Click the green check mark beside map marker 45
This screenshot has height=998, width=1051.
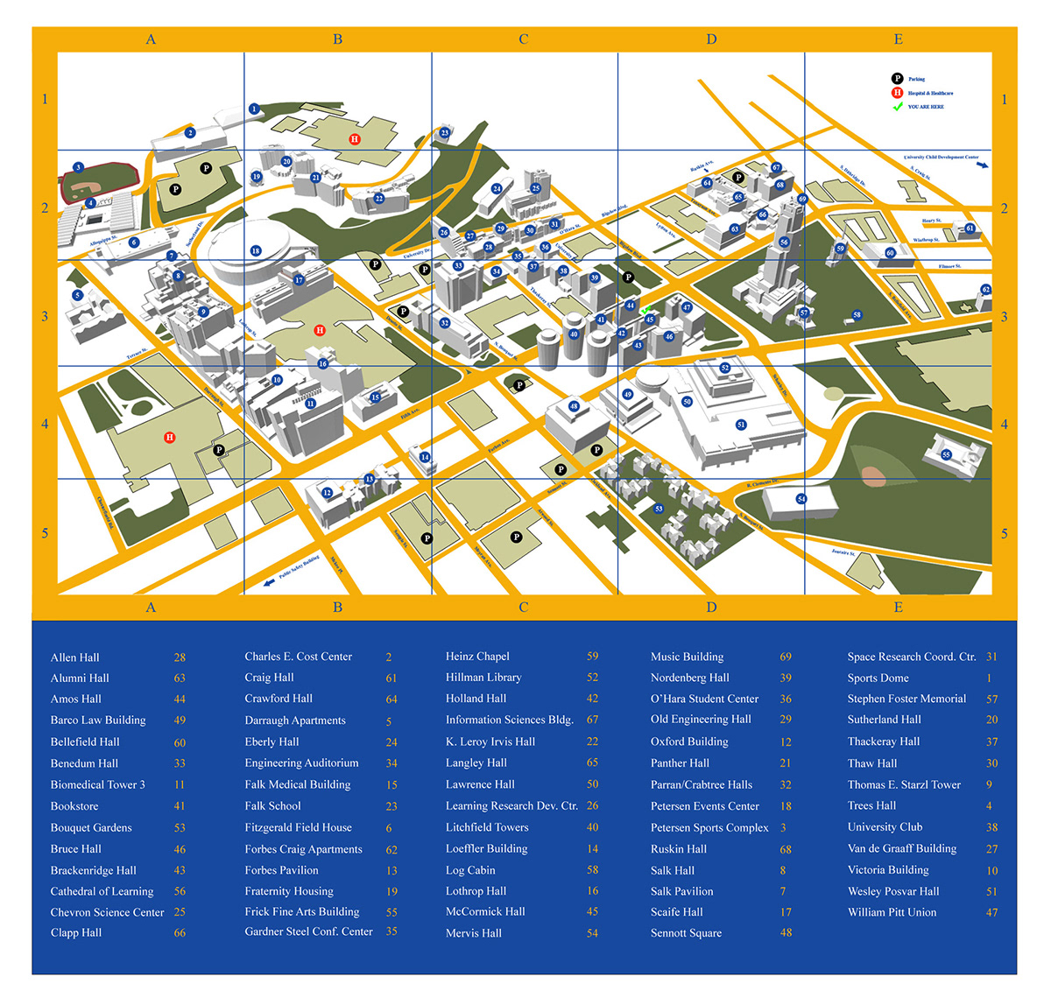pyautogui.click(x=645, y=310)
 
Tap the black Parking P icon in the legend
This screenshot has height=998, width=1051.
pyautogui.click(x=897, y=79)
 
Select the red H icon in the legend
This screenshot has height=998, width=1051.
pyautogui.click(x=897, y=93)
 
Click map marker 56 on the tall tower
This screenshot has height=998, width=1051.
pyautogui.click(x=784, y=242)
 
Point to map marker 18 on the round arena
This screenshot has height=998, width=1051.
pyautogui.click(x=256, y=250)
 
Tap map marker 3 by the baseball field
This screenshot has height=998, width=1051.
pyautogui.click(x=78, y=167)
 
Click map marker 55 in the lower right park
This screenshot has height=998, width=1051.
pyautogui.click(x=946, y=454)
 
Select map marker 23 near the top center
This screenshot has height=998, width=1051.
pyautogui.click(x=445, y=134)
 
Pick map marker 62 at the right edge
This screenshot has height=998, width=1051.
pyautogui.click(x=985, y=290)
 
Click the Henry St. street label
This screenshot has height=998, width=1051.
pyautogui.click(x=931, y=221)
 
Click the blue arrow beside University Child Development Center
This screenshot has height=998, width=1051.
pyautogui.click(x=983, y=165)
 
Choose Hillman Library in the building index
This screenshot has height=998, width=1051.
pyautogui.click(x=483, y=678)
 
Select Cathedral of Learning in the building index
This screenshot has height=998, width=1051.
pyautogui.click(x=102, y=891)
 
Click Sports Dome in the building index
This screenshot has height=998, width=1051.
pyautogui.click(x=878, y=678)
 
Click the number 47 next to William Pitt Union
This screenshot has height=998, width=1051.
pyautogui.click(x=991, y=913)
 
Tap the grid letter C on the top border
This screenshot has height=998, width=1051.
pyautogui.click(x=524, y=39)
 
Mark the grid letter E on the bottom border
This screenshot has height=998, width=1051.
pyautogui.click(x=898, y=608)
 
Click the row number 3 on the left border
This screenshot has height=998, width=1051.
pyautogui.click(x=45, y=317)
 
